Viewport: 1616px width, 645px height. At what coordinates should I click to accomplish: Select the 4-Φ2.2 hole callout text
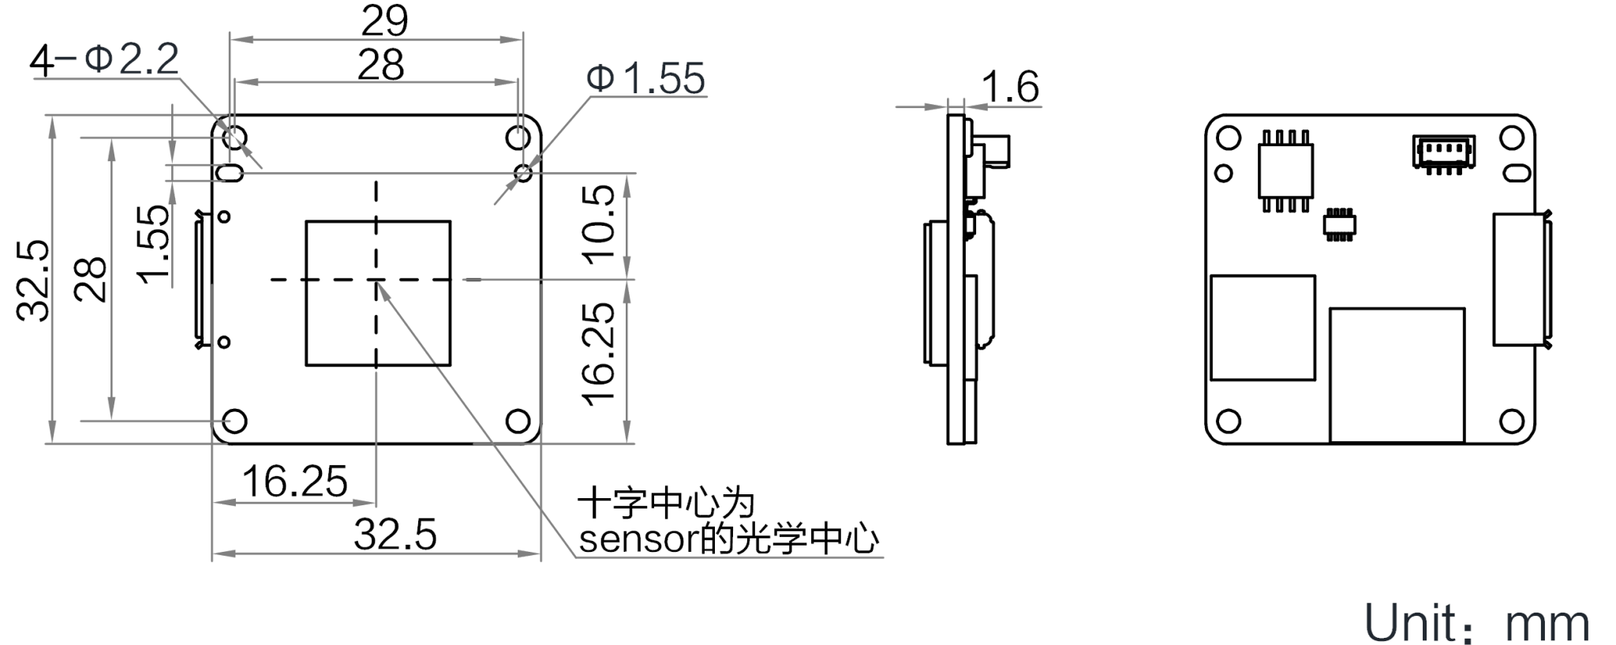(105, 60)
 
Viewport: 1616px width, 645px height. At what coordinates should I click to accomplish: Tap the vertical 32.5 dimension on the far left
(34, 279)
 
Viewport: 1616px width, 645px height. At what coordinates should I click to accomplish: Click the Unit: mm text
(1476, 624)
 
